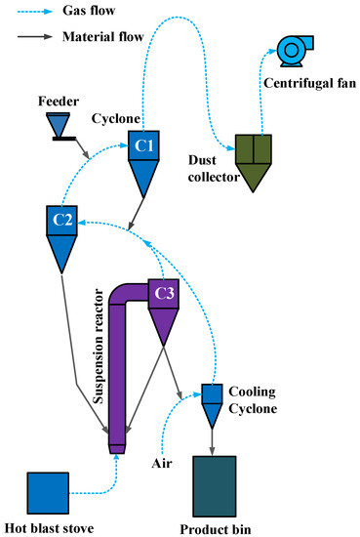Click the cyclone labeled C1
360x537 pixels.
[x=143, y=157]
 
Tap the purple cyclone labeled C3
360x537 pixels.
[x=162, y=303]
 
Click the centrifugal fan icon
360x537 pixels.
[x=292, y=50]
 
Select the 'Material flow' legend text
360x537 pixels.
[x=102, y=38]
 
